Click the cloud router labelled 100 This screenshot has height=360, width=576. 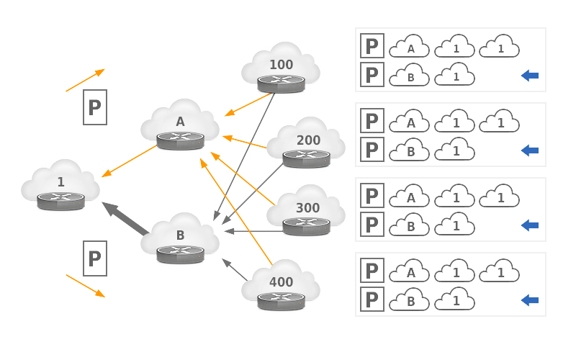click(281, 69)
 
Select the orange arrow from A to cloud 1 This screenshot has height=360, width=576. click(130, 161)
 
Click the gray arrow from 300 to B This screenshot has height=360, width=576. click(252, 232)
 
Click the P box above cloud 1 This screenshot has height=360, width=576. click(95, 107)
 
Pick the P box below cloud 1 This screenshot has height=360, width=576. click(95, 258)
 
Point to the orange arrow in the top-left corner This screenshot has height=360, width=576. click(86, 80)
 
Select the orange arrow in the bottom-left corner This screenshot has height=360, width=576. click(86, 285)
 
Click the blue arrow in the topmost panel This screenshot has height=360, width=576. click(530, 76)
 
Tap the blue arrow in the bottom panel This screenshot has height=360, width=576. click(530, 300)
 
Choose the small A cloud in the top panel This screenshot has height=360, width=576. click(410, 48)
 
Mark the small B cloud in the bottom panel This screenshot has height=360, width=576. click(410, 299)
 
